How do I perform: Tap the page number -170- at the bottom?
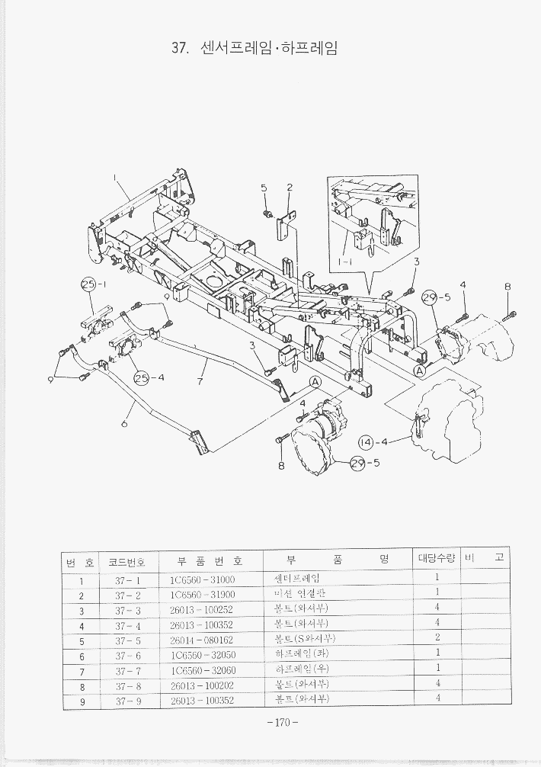282,723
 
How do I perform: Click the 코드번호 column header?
128,560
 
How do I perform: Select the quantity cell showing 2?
437,638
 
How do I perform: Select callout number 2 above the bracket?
290,188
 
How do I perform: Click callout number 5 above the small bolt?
264,188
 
